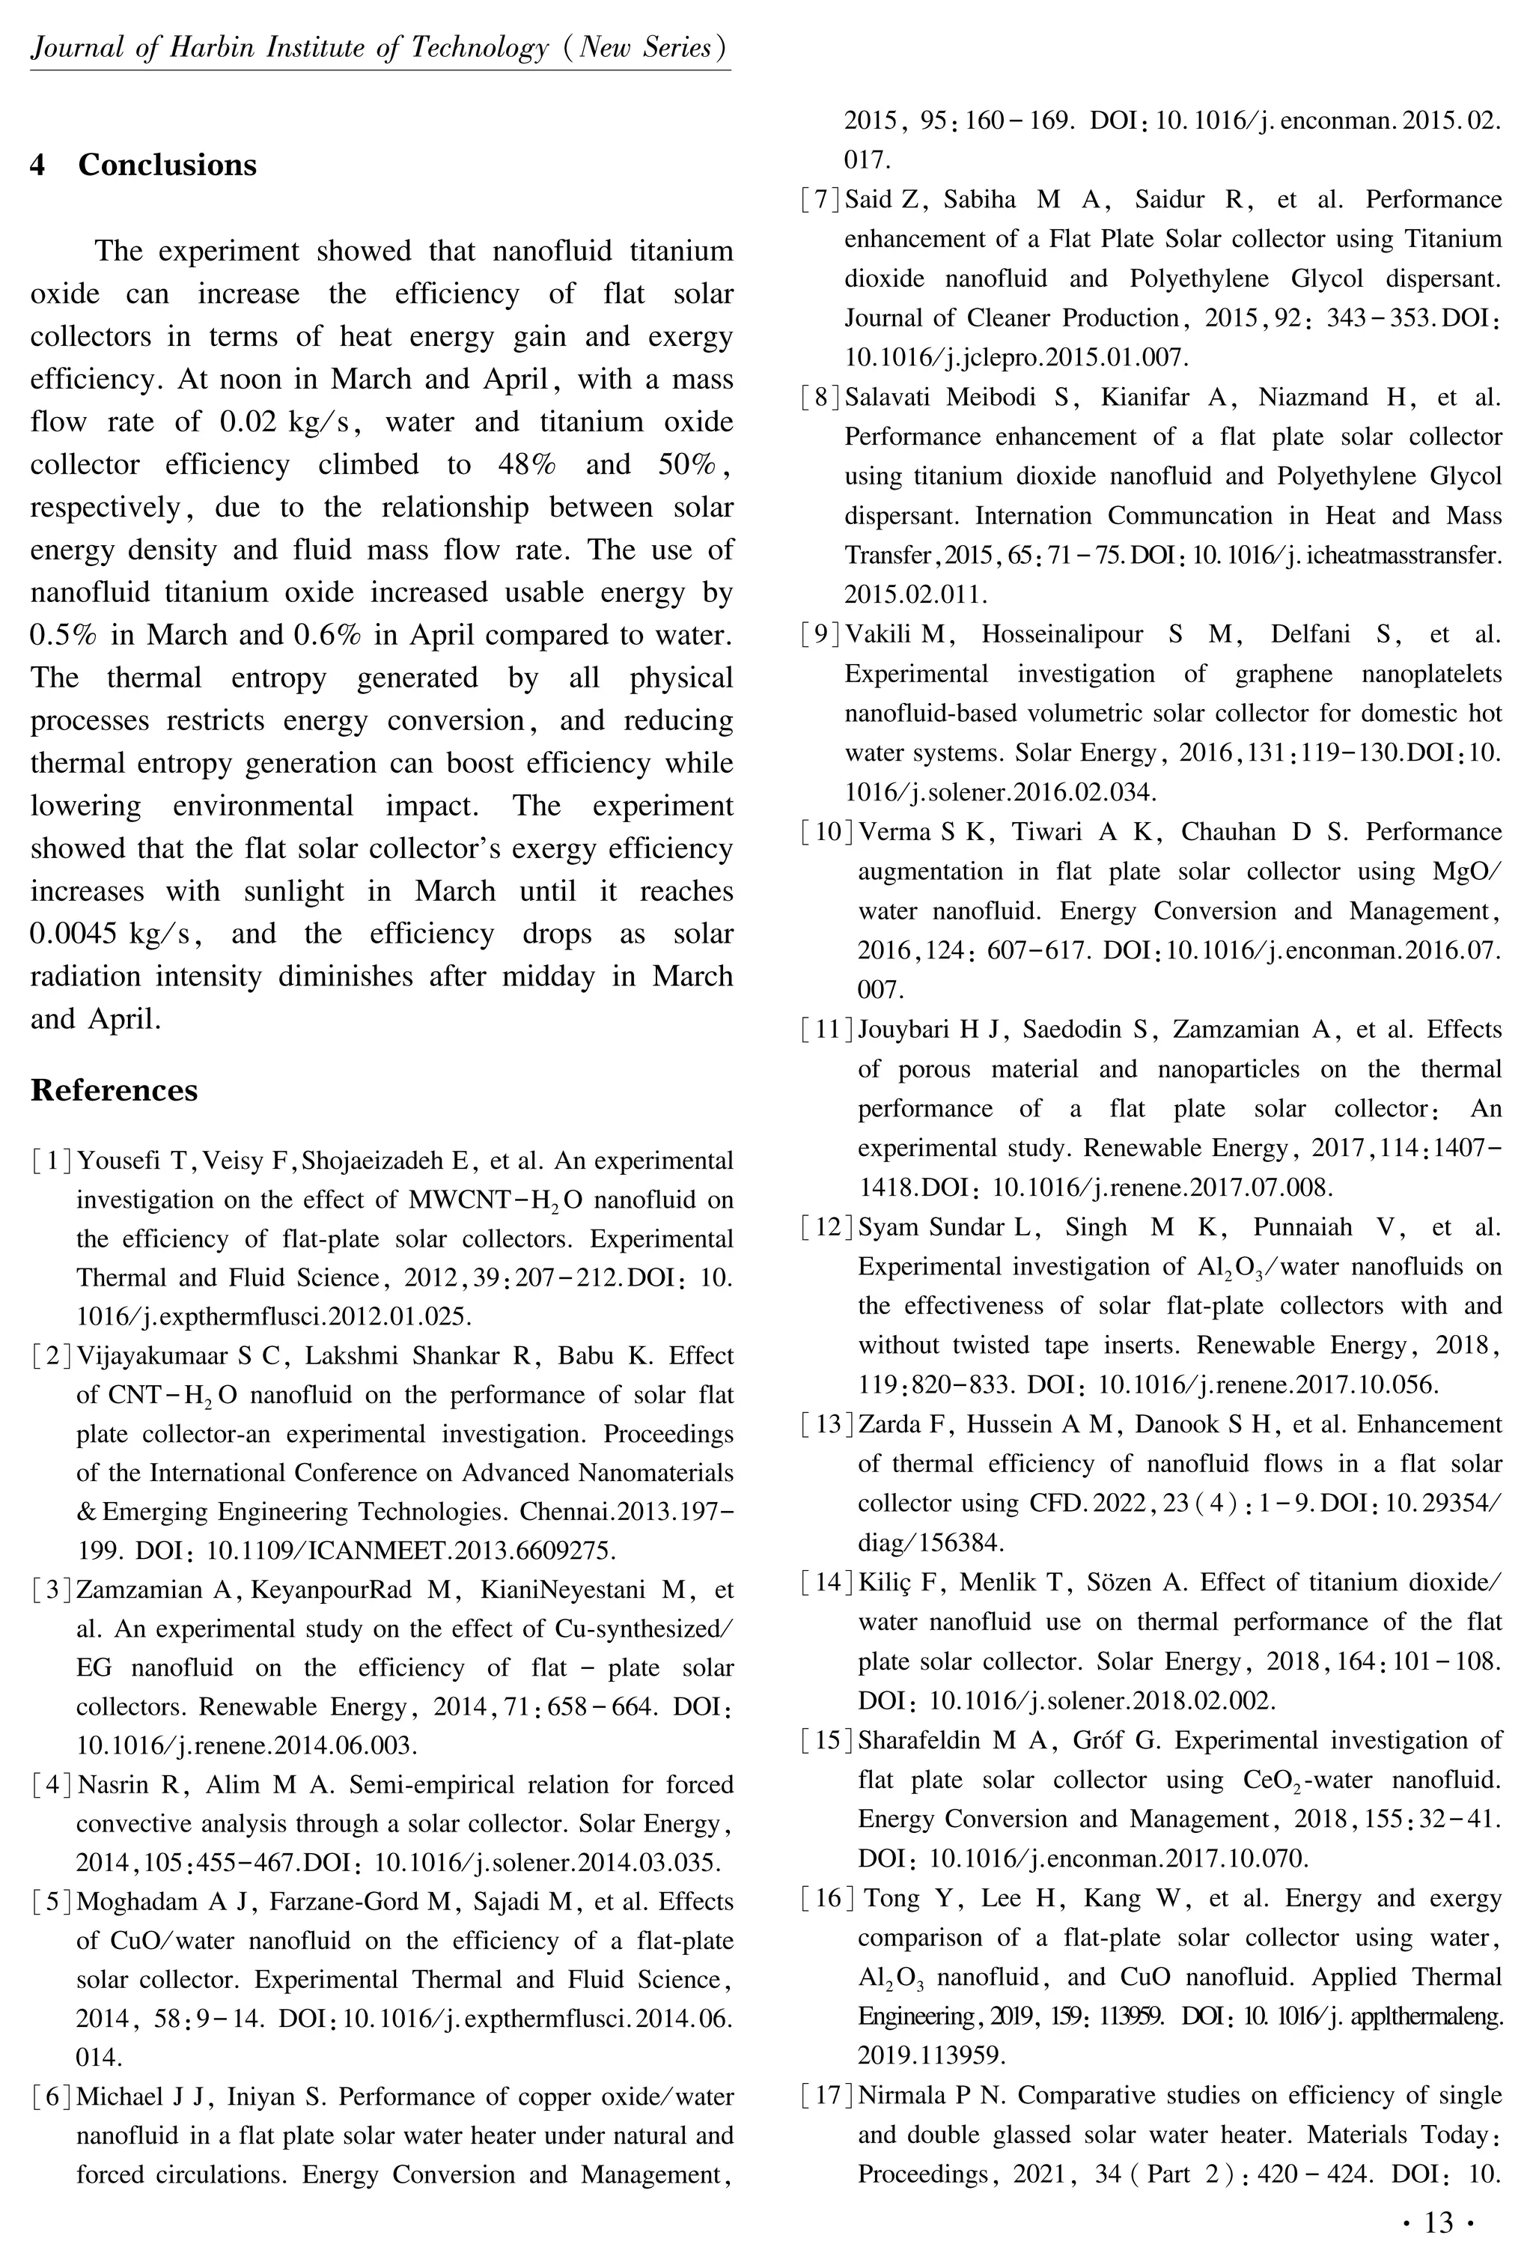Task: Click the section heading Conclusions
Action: coord(167,165)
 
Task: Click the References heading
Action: coord(115,1090)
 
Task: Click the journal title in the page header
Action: coord(380,48)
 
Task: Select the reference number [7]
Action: coord(820,200)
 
